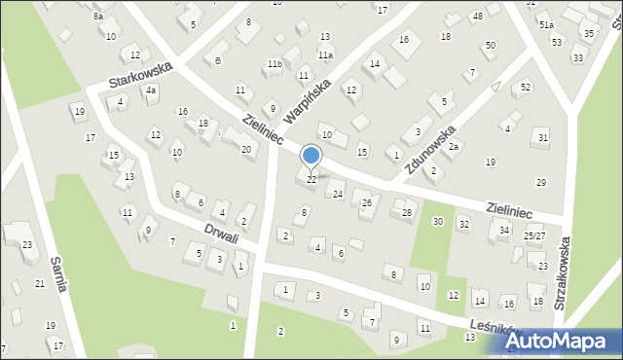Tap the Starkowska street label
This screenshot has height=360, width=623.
141,74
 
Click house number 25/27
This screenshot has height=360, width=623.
534,236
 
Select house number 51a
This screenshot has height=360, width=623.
546,24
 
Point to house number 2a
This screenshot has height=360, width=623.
453,146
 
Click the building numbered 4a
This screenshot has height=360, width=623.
151,90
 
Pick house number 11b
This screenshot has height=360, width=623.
275,64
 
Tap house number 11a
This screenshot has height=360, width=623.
325,55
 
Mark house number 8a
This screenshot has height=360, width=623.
98,17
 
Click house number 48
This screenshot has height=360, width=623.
477,17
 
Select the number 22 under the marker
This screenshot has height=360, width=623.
311,179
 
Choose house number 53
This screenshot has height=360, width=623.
556,42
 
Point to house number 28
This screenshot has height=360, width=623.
407,212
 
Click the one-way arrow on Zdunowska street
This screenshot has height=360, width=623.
495,88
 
